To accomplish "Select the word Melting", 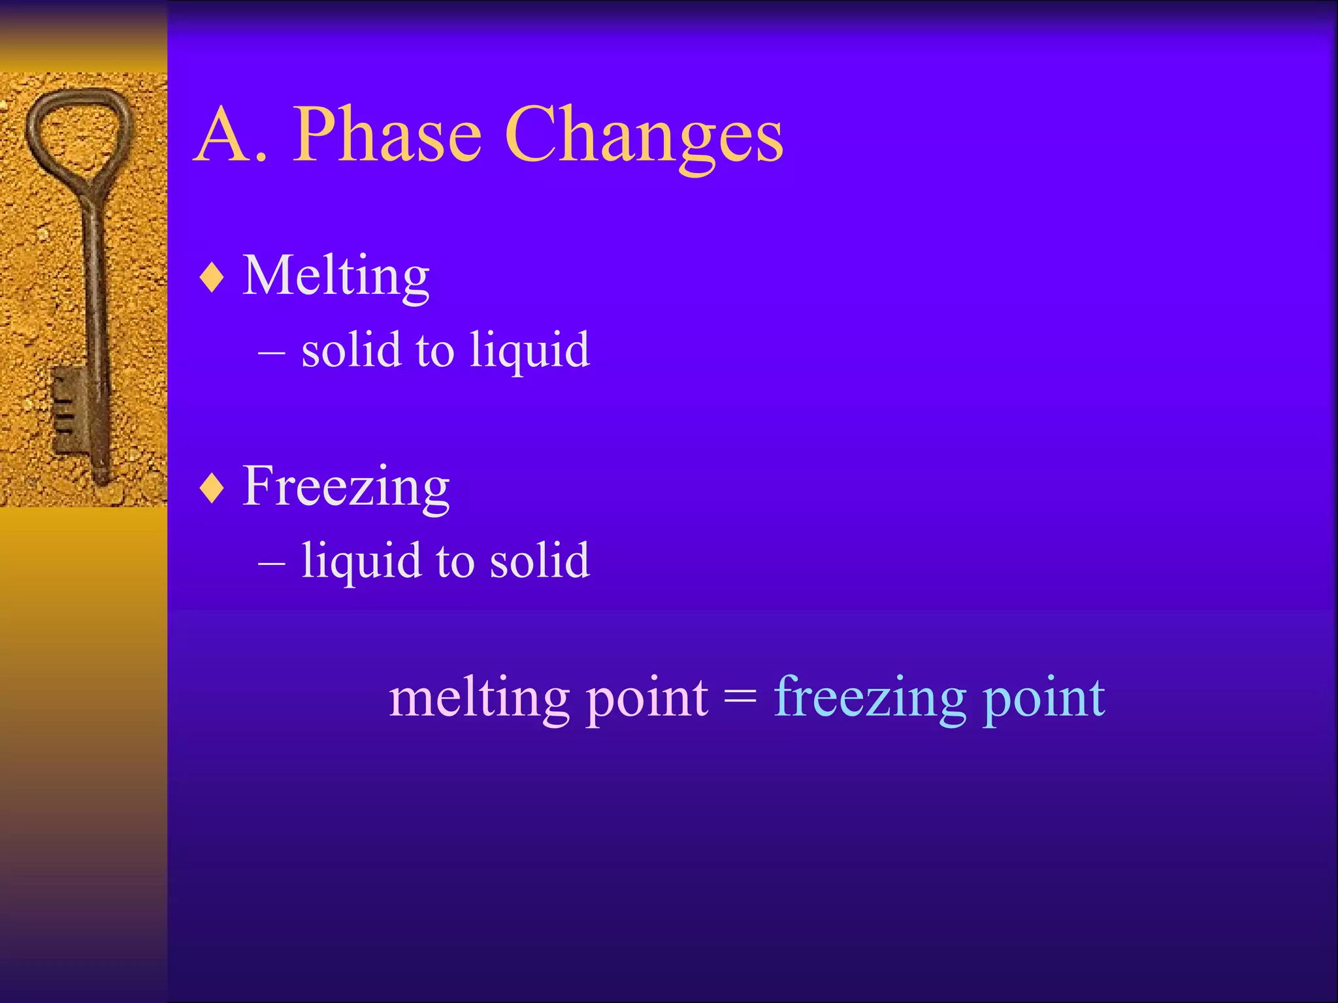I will click(x=336, y=277).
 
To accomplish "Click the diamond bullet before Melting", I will click(x=212, y=278).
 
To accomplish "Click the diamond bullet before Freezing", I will click(x=212, y=488).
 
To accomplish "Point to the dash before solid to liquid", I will click(x=271, y=353).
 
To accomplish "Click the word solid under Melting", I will click(x=351, y=350).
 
